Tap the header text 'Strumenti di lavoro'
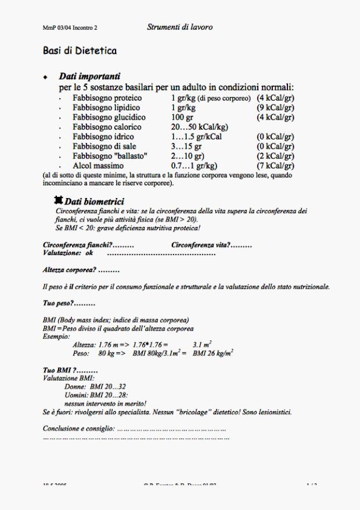pos(179,27)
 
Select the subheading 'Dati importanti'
pos(89,77)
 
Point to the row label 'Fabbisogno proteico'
pos(108,98)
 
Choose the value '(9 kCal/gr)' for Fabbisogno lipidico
pos(275,108)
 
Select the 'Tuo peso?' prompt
pos(60,303)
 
